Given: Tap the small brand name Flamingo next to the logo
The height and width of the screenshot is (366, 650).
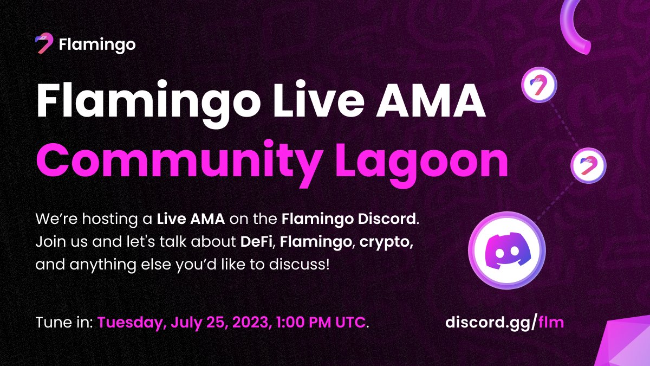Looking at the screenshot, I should click(x=96, y=44).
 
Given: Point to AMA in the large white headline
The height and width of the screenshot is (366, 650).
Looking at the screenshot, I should click(x=428, y=102).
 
